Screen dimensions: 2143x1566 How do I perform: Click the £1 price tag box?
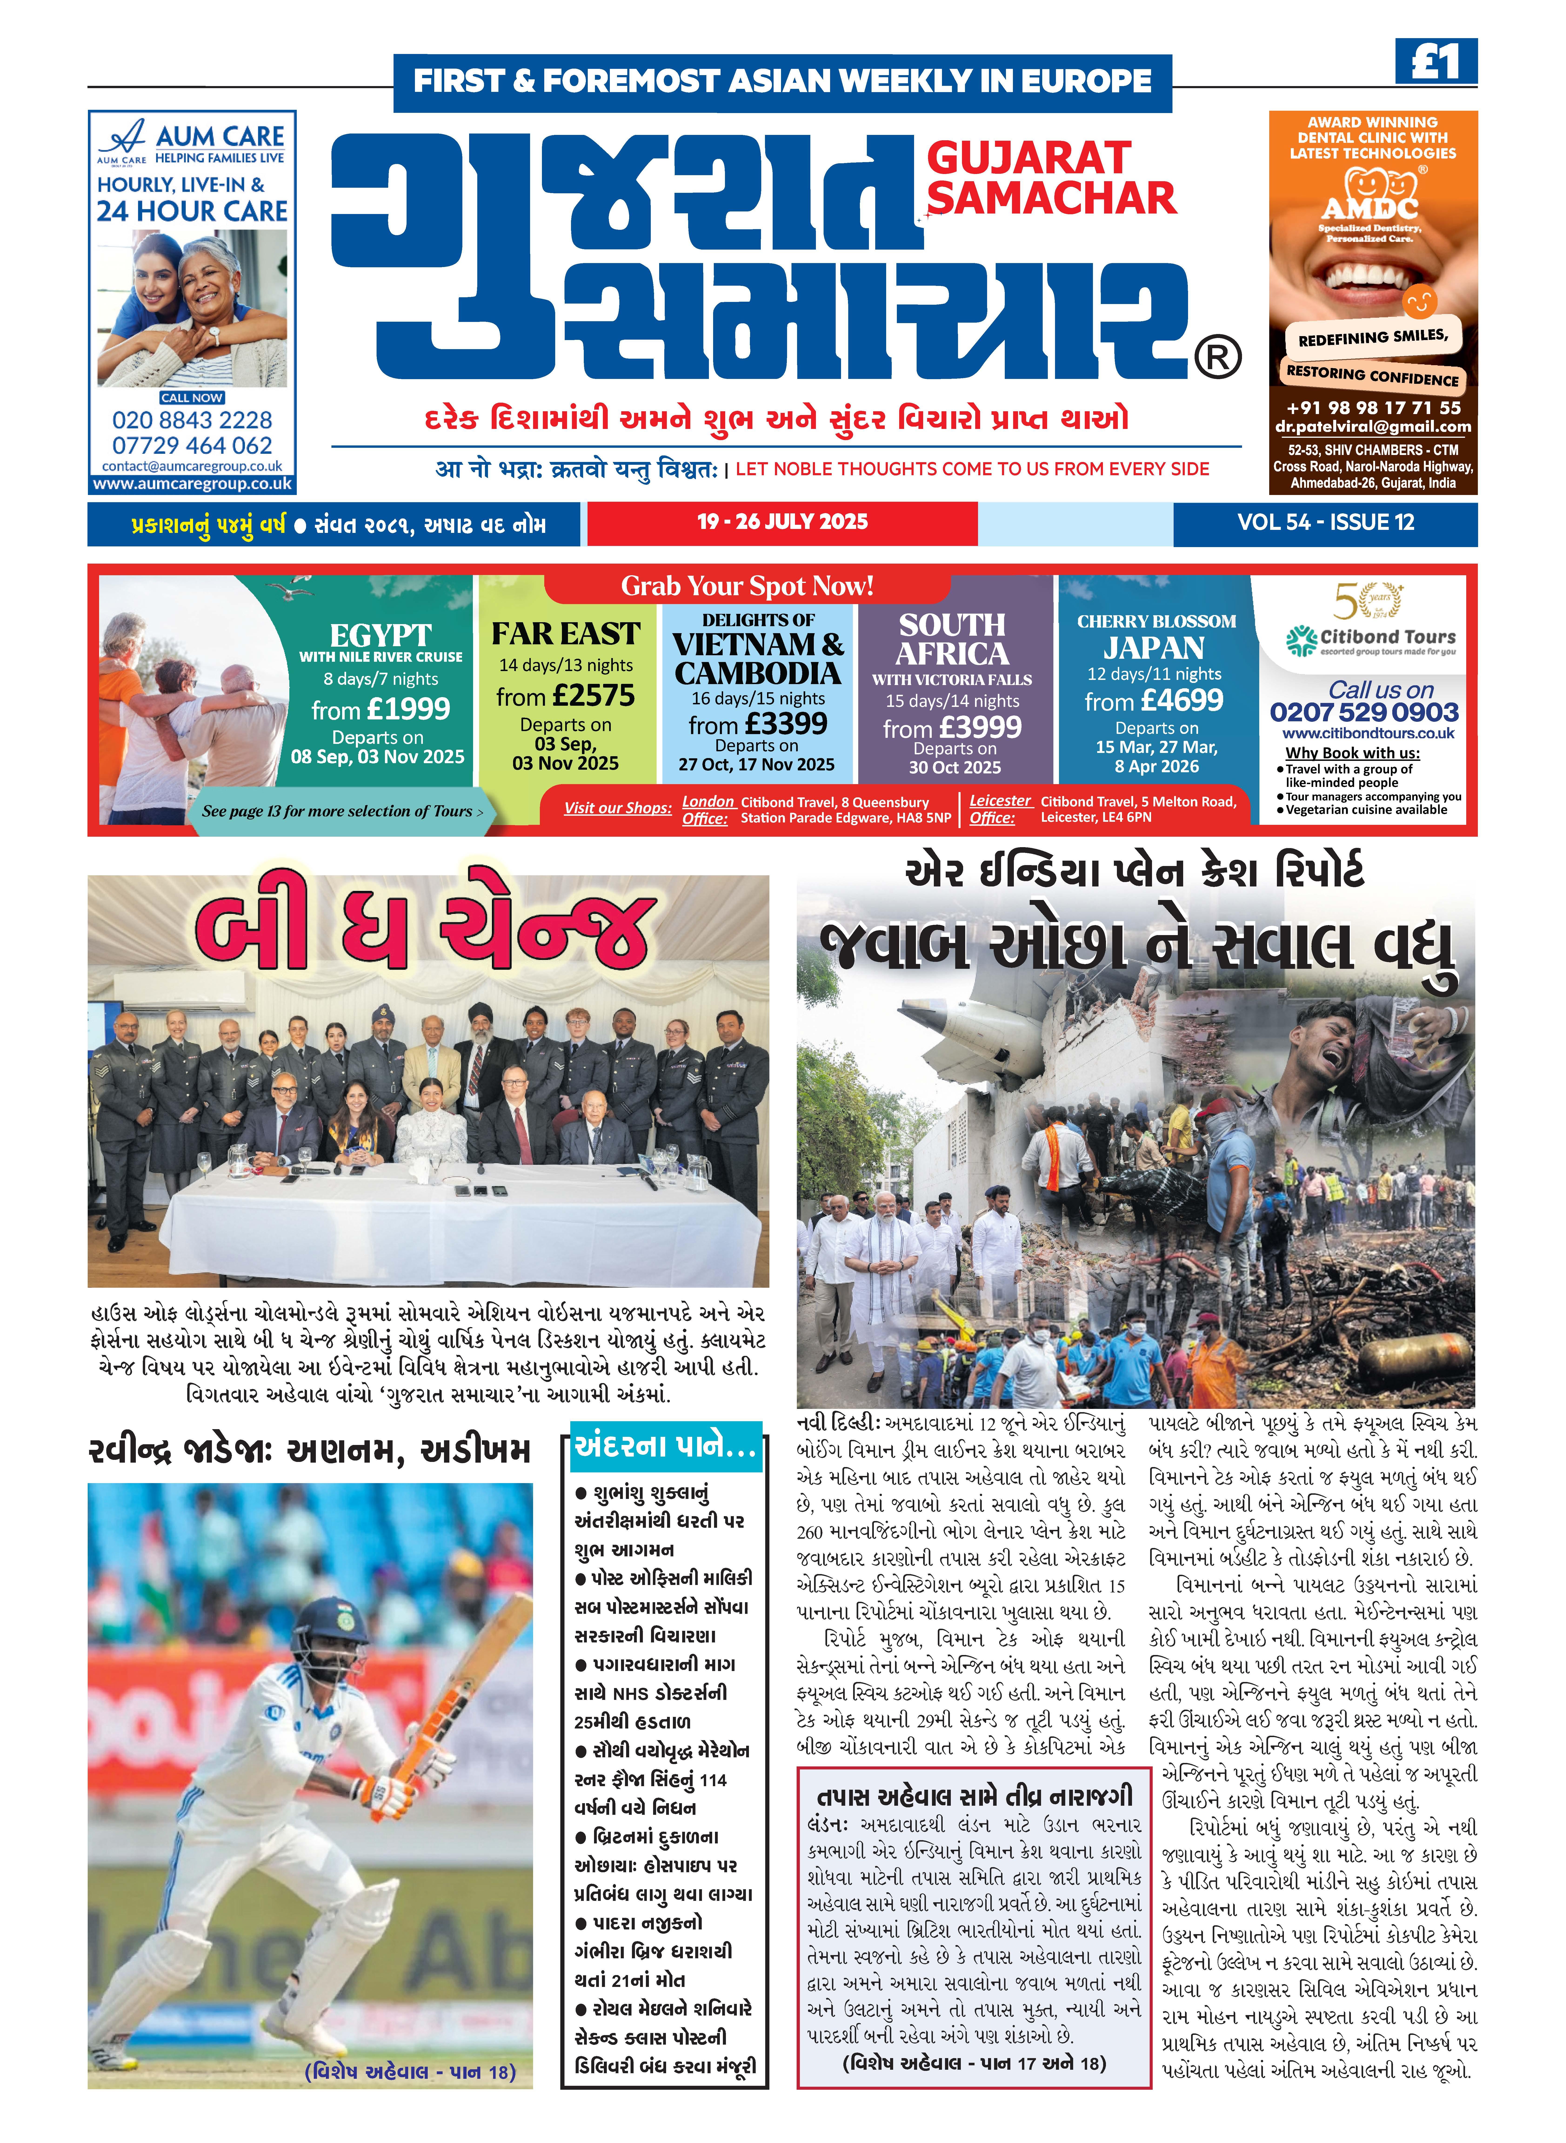pos(1435,63)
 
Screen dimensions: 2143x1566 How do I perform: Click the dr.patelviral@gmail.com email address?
pos(1373,428)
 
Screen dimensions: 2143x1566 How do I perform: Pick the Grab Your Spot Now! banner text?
pos(747,587)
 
